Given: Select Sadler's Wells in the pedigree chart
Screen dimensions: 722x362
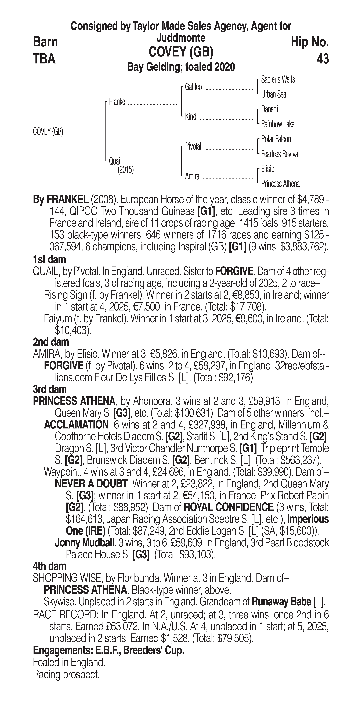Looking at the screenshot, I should (x=278, y=80).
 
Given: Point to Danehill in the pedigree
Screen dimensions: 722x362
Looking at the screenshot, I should (x=271, y=109).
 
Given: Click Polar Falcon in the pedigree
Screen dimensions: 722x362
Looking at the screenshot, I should (x=276, y=139).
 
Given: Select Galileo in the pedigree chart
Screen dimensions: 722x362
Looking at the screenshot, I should (x=193, y=87).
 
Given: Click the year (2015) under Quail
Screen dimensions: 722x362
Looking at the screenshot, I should (x=125, y=170).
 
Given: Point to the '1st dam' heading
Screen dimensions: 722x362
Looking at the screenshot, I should (x=49, y=260).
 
